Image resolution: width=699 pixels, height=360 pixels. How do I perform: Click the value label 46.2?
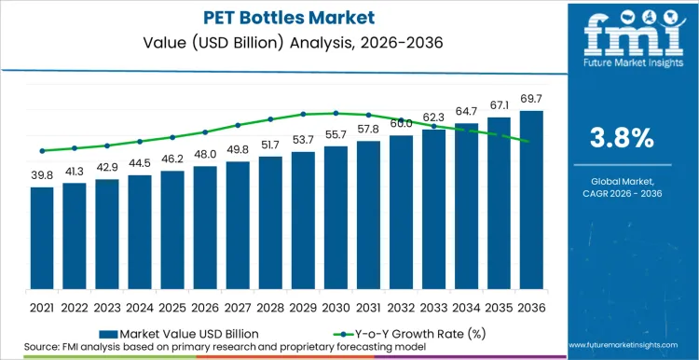pyautogui.click(x=172, y=160)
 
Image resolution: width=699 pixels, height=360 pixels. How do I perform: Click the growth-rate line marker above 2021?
pyautogui.click(x=42, y=150)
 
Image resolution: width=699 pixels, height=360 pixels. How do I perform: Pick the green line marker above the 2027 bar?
pyautogui.click(x=238, y=125)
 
